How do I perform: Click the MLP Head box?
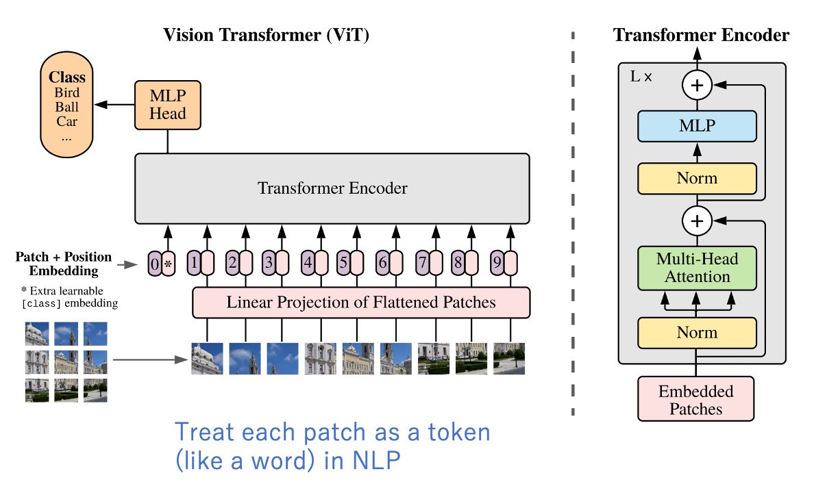(x=168, y=105)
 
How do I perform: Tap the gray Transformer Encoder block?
(x=332, y=188)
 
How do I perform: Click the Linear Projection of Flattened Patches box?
(x=361, y=303)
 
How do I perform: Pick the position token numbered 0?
(x=155, y=263)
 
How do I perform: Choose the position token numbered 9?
(x=497, y=262)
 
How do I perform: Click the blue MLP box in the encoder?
(x=697, y=126)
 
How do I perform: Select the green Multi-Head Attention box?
(x=697, y=268)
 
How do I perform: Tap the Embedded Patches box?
(x=695, y=400)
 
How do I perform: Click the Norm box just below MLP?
(x=697, y=179)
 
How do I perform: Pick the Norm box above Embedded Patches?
(x=697, y=333)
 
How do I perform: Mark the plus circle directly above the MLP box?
(x=697, y=86)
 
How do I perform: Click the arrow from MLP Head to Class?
(x=114, y=105)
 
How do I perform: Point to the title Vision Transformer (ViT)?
(x=266, y=36)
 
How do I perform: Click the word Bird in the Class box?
(x=67, y=93)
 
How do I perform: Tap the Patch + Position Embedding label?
(x=64, y=264)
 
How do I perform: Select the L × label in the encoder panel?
(x=641, y=77)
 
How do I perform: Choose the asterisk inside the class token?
(x=167, y=264)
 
